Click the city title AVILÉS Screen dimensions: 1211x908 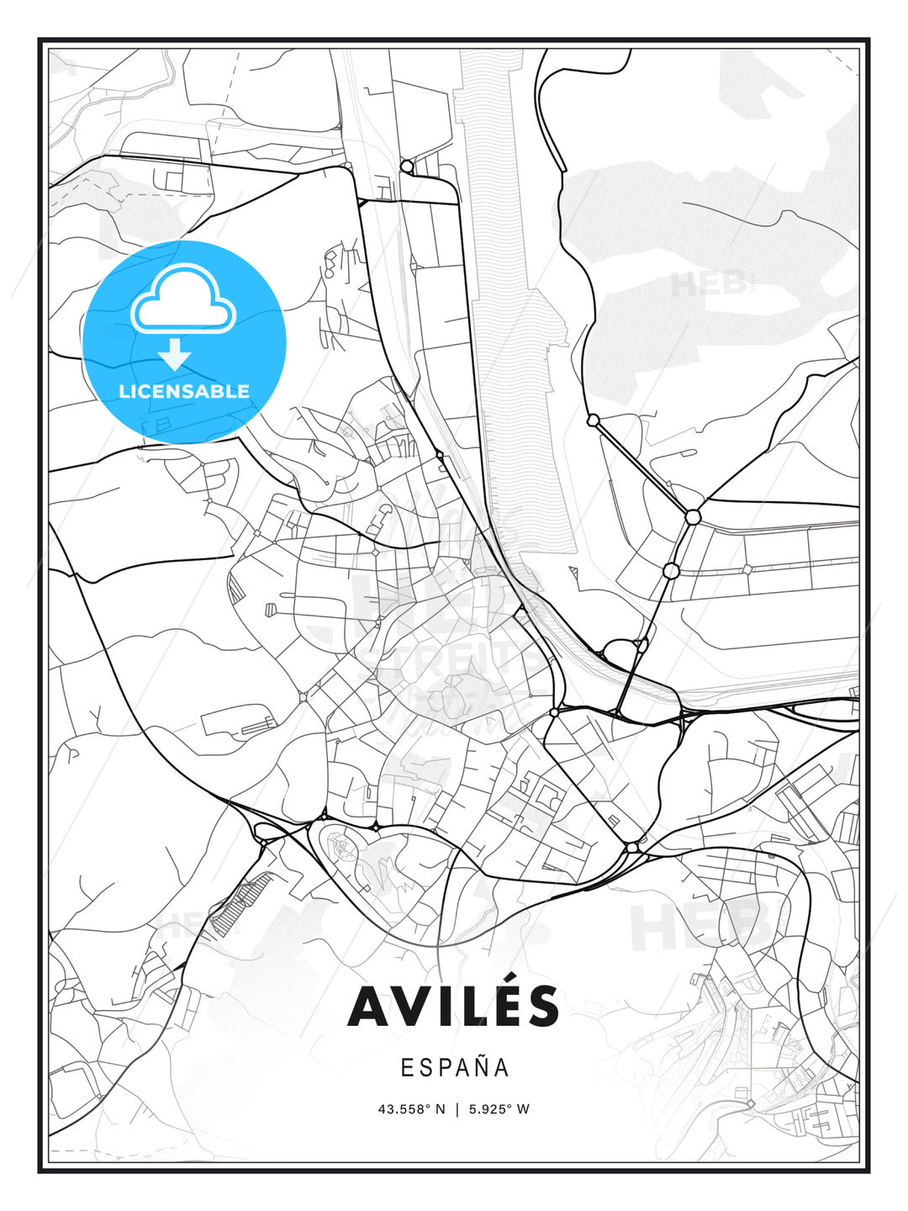(x=453, y=1006)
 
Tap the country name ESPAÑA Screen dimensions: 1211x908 (x=454, y=1067)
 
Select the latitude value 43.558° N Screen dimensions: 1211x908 (x=411, y=1109)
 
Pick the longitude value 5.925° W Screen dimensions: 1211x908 (x=499, y=1109)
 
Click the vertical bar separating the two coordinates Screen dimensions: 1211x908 (x=457, y=1109)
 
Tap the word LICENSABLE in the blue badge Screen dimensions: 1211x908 (x=184, y=391)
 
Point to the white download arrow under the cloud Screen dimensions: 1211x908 (x=175, y=354)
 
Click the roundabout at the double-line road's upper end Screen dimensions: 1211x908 (x=593, y=420)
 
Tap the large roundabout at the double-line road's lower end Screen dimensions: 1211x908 (x=693, y=516)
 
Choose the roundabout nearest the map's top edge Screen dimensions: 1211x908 (x=407, y=167)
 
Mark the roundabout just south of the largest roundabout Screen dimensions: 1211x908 (x=670, y=571)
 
